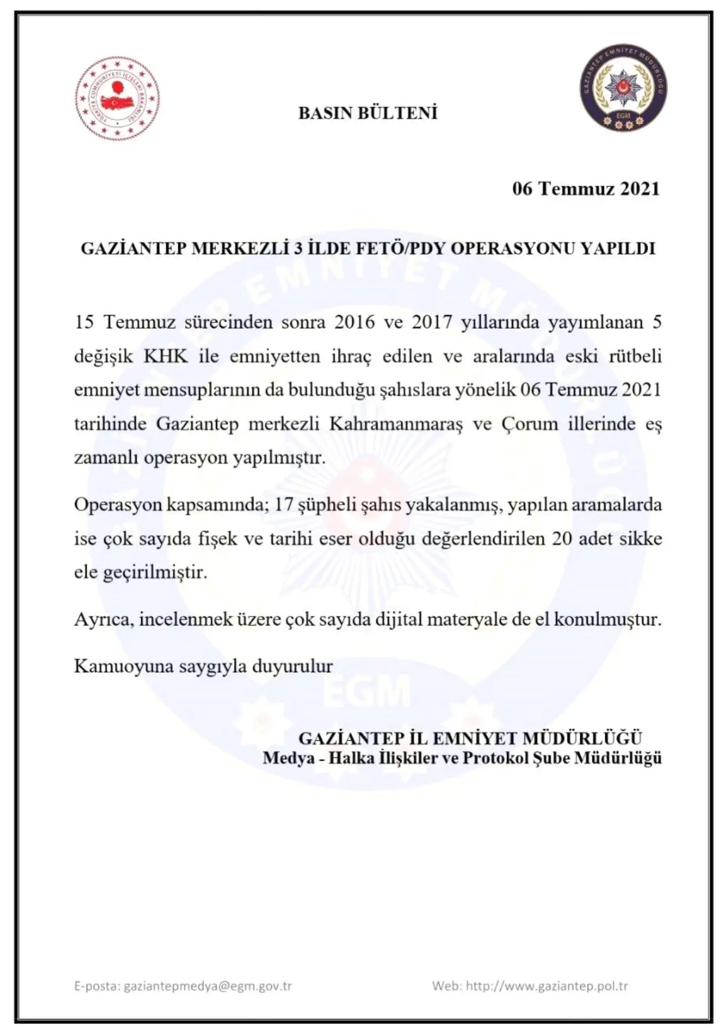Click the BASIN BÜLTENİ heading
[x=368, y=113]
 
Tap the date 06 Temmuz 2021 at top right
[x=586, y=189]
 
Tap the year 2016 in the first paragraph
[x=355, y=321]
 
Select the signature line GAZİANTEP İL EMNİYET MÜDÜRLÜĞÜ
[x=470, y=738]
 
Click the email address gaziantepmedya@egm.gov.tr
[x=208, y=986]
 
